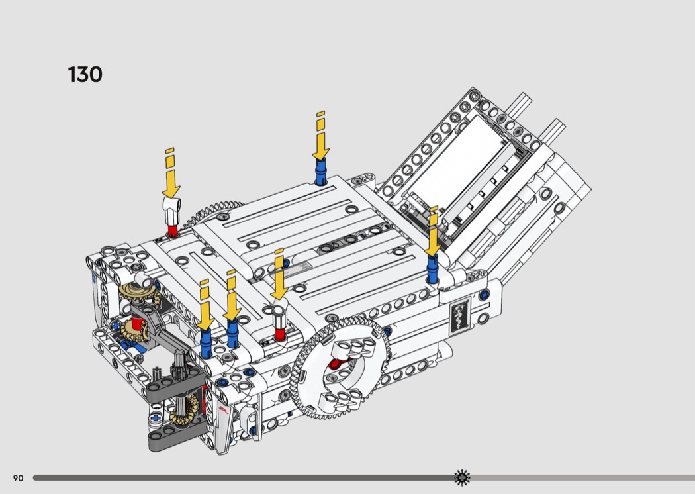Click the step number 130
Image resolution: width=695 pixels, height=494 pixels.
(85, 74)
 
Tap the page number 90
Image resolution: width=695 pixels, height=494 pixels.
(18, 478)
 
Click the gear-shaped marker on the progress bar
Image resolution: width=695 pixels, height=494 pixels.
(462, 477)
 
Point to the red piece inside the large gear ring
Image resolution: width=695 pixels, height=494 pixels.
(336, 363)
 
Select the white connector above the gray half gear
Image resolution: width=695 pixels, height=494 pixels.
(171, 210)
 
